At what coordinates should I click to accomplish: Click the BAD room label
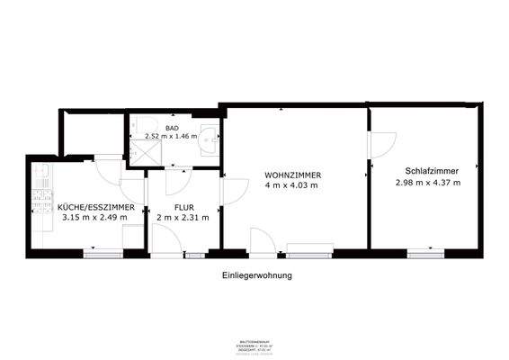pos(172,129)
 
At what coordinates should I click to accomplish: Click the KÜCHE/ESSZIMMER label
pos(96,207)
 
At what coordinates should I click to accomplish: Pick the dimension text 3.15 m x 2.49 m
pos(96,217)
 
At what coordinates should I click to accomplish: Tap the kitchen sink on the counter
pos(41,170)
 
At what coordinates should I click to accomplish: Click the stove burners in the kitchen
pos(40,202)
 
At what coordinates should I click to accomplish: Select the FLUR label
pos(183,207)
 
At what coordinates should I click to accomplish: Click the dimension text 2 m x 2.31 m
pos(183,217)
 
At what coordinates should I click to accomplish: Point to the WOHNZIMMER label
pos(292,174)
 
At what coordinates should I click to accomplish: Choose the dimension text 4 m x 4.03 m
pos(292,184)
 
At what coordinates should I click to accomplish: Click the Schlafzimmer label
pos(427,171)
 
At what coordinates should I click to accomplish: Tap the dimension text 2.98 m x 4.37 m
pos(427,182)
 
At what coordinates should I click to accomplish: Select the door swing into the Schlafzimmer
pos(384,143)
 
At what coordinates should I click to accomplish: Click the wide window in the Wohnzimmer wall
pos(309,247)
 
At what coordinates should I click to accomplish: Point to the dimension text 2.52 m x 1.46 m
pos(172,138)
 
